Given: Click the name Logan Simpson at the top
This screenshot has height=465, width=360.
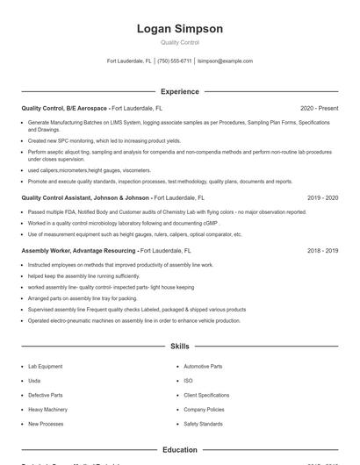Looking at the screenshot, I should (x=180, y=29).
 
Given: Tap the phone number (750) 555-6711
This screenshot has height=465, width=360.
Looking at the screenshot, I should (x=175, y=61).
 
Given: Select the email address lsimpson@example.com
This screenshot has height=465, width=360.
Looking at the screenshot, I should (x=226, y=61).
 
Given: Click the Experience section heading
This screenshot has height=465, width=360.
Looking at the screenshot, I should (x=180, y=91).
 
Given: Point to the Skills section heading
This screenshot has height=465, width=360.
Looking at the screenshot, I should (x=180, y=347).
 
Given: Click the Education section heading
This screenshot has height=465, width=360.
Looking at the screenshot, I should (x=180, y=449).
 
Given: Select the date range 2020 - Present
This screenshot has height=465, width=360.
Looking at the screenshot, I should (x=319, y=108).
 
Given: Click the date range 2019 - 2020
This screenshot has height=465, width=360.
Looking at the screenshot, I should (x=322, y=198).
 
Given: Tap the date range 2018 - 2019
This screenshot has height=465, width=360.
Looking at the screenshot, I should (x=322, y=250).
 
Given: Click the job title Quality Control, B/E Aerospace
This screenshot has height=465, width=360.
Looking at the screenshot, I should (x=65, y=108).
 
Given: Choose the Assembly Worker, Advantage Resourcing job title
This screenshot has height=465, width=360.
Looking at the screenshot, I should (x=78, y=250).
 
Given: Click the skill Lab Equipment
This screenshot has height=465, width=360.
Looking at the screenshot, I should (x=45, y=366).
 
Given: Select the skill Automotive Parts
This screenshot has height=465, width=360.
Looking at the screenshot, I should (x=203, y=366).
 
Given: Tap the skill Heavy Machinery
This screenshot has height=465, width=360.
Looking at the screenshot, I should (x=47, y=410).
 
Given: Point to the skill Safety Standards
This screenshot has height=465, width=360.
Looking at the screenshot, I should (x=203, y=424).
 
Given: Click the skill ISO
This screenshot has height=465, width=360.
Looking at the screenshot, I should (x=188, y=381).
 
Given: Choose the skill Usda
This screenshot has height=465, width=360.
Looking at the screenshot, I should (x=34, y=381).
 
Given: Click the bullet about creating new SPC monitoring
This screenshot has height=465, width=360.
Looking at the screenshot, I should (x=104, y=140).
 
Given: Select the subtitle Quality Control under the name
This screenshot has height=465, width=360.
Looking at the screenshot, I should (x=180, y=42).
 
